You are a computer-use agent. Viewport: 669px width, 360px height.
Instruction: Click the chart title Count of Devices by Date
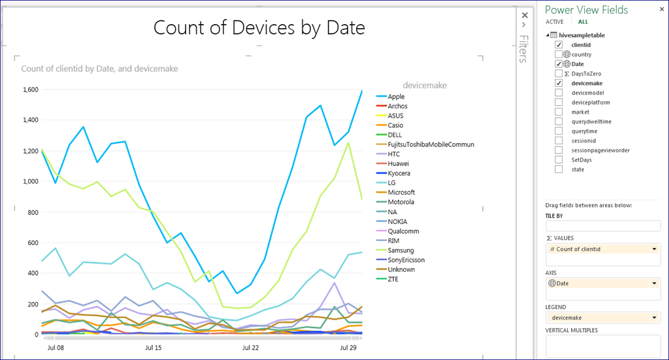click(259, 27)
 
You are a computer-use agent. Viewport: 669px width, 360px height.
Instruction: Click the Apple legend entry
click(396, 97)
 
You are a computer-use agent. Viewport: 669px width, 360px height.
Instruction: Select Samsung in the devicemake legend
click(400, 250)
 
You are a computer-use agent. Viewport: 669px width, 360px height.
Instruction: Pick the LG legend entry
click(392, 183)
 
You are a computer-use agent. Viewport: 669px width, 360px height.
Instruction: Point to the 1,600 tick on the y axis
click(31, 90)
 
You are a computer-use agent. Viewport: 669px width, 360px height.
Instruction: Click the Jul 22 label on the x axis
click(251, 348)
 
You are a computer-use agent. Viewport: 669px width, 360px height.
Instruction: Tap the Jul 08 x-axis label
click(56, 348)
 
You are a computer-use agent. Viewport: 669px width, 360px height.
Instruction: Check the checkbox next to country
click(559, 55)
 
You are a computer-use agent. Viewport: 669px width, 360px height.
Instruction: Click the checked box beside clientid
click(559, 44)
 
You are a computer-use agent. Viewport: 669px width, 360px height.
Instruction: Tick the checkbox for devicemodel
click(559, 93)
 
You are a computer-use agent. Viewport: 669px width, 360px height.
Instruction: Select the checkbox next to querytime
click(559, 131)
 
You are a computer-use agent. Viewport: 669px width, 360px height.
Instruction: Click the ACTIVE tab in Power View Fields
click(554, 22)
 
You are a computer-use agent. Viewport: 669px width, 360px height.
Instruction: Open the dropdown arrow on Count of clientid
click(654, 249)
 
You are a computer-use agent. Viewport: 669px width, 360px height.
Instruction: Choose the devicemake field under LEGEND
click(568, 318)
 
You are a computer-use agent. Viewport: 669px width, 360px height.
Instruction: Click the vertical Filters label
click(523, 49)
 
